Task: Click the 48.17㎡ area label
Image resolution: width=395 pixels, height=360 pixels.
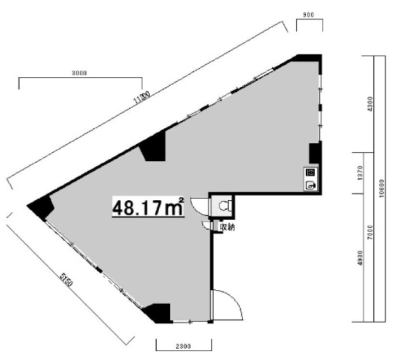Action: tap(148, 206)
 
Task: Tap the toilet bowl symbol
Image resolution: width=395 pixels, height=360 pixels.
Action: tap(224, 204)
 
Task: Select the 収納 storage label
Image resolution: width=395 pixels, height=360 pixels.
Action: tap(226, 227)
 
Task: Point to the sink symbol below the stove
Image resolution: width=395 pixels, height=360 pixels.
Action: tap(310, 184)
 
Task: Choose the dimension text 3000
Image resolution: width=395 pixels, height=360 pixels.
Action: tap(80, 73)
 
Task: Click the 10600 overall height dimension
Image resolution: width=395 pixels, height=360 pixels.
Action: tap(382, 187)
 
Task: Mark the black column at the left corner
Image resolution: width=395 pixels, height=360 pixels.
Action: tap(42, 207)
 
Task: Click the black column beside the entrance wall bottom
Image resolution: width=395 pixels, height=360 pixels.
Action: tap(159, 312)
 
